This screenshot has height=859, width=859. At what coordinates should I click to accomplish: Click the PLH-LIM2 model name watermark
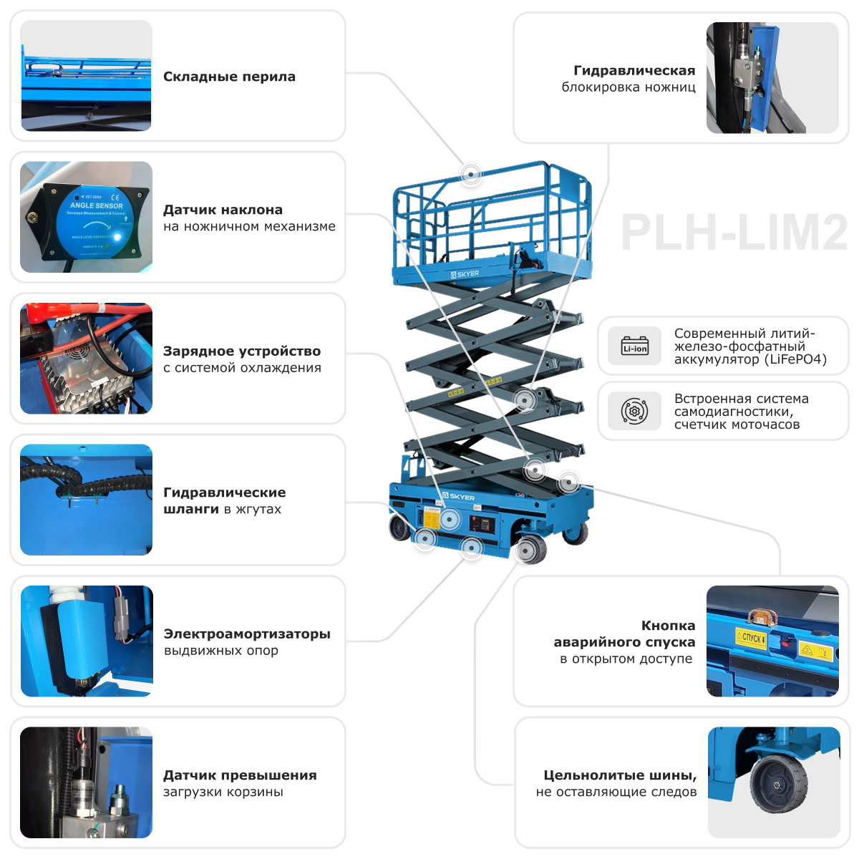(734, 232)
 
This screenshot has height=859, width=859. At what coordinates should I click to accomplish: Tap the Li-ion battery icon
(634, 346)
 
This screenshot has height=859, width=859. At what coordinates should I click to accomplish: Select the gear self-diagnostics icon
(634, 412)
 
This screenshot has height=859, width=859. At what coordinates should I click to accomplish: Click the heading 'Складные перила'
(229, 77)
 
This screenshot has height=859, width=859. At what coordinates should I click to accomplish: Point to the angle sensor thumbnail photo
(87, 217)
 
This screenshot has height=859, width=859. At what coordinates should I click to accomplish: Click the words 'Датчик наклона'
(223, 210)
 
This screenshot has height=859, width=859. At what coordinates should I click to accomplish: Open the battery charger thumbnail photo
(87, 358)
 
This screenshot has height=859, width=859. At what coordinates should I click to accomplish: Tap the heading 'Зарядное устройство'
(242, 351)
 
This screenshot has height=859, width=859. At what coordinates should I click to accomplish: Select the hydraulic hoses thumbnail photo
(87, 500)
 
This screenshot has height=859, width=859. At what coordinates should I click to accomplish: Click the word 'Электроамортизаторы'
(247, 634)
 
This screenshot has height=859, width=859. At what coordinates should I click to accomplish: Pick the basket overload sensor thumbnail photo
(87, 782)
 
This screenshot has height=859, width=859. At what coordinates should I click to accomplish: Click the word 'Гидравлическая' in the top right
(634, 70)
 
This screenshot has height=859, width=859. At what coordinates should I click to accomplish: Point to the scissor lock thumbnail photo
(772, 77)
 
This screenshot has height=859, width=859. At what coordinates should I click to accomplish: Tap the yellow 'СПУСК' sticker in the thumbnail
(751, 637)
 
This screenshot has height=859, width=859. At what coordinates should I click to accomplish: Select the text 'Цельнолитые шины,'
(620, 775)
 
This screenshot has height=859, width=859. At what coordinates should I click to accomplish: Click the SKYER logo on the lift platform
(465, 274)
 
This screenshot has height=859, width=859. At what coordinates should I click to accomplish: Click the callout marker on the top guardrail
(470, 173)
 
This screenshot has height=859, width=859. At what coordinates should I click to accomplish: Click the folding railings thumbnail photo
(87, 75)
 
